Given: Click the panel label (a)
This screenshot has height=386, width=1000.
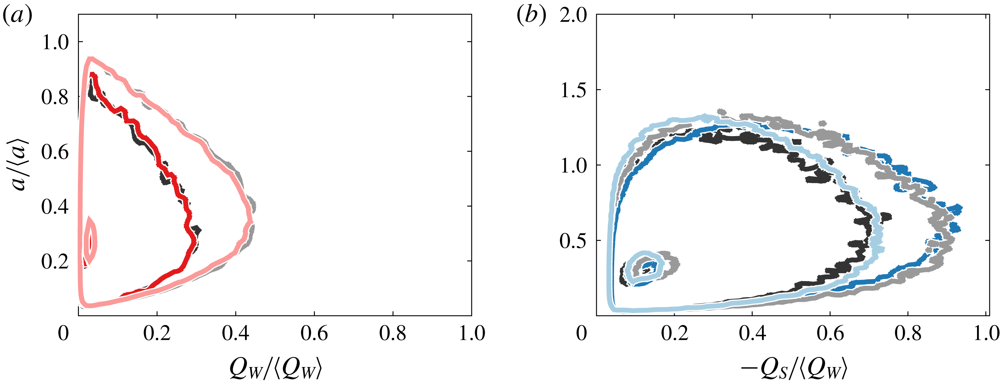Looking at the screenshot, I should click(x=17, y=16).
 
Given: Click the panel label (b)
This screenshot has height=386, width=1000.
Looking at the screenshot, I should click(x=531, y=16).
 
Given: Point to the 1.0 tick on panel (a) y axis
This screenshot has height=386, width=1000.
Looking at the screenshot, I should click(x=55, y=42).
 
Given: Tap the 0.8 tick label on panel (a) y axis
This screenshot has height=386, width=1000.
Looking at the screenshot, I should click(x=55, y=96).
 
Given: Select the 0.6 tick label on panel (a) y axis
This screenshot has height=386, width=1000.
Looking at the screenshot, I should click(x=55, y=151).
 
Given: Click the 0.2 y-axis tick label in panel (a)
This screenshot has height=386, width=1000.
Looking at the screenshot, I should click(x=55, y=261).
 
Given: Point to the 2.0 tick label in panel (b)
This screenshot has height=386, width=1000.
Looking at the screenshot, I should click(x=573, y=16).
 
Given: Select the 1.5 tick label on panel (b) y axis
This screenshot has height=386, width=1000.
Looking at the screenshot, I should click(x=573, y=91).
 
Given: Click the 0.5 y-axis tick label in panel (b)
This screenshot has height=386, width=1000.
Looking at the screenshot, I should click(x=573, y=241).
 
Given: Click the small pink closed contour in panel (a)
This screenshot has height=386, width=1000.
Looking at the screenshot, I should click(x=90, y=241).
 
